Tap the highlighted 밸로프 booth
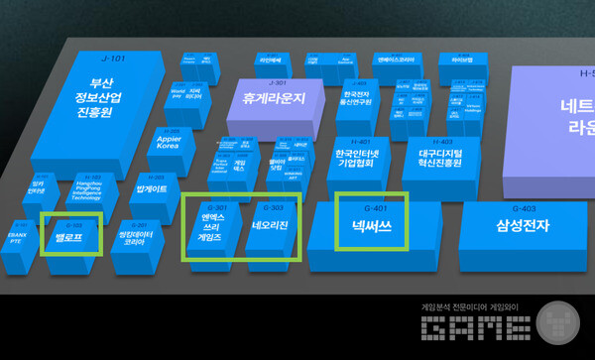pyautogui.click(x=69, y=237)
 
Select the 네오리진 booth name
pyautogui.click(x=269, y=226)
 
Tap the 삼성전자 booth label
pyautogui.click(x=523, y=226)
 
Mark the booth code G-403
pyautogui.click(x=523, y=208)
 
